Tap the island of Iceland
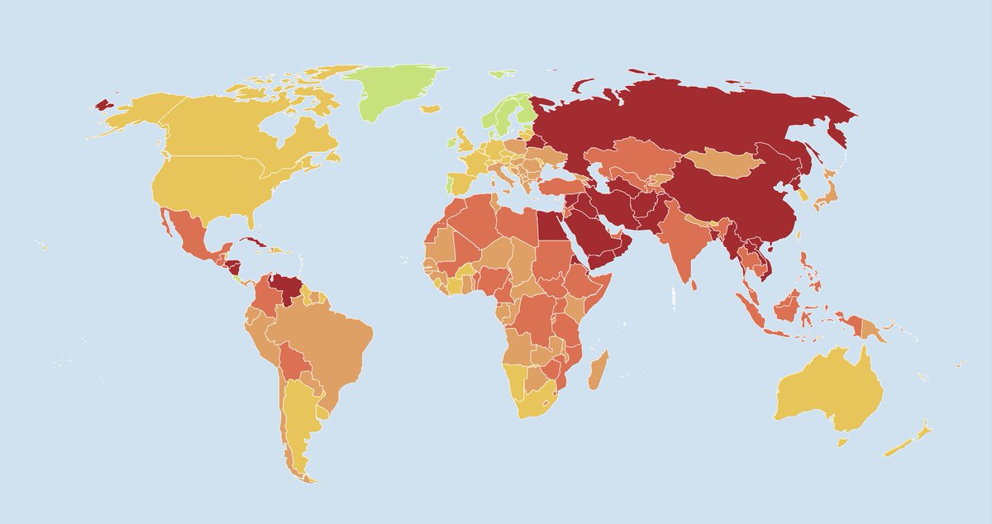(x=429, y=108)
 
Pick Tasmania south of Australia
(x=842, y=442)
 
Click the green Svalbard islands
(x=502, y=74)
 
